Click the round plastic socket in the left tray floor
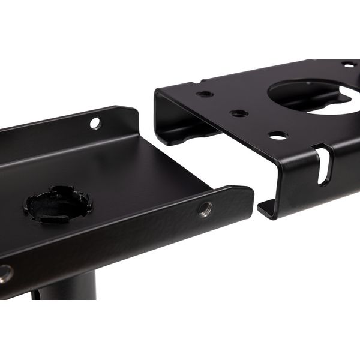58,203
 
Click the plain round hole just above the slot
278,135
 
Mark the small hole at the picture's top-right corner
349,64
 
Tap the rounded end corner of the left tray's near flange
248,192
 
